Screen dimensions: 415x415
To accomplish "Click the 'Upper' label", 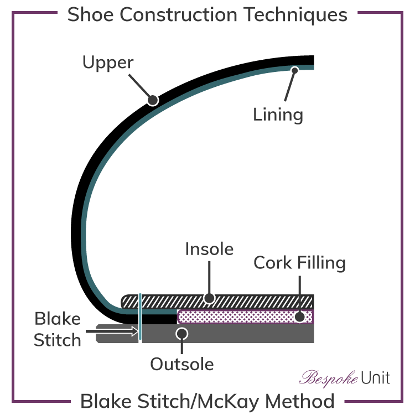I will pos(107,63).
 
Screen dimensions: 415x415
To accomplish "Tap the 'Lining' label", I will pos(278,115).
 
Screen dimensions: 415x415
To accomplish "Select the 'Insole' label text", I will pos(209,249).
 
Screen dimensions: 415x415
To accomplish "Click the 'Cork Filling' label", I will pos(299,262).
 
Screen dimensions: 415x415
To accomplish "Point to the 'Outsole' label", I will pos(181,364).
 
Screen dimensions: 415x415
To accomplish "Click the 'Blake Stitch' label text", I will pos(58,329).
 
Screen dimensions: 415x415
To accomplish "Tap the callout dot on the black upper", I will pos(152,100).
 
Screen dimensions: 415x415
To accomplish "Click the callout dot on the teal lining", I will pos(294,70).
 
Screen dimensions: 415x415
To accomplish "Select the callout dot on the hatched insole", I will pos(209,298).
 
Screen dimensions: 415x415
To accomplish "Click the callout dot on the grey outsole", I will pos(181,334).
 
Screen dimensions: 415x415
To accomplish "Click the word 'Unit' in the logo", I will pos(376,378).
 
